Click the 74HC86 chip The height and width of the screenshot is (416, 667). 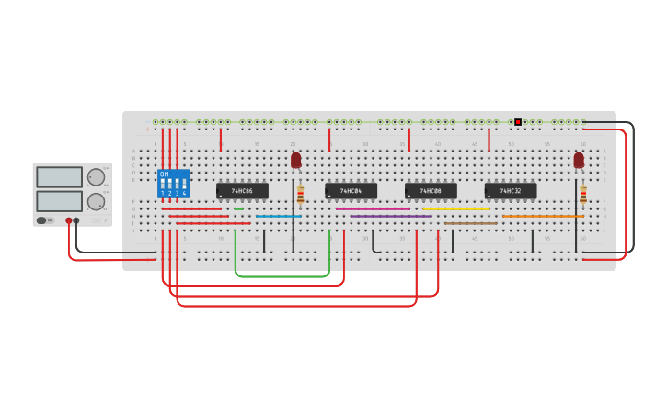242,191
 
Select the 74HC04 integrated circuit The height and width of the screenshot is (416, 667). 351,191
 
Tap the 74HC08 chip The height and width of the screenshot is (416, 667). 431,191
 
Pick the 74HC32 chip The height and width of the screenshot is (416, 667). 511,191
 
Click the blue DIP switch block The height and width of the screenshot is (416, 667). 173,184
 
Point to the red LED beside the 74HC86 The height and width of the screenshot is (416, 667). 295,160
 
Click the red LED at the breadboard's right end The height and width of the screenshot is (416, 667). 579,160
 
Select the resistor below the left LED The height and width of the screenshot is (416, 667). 300,194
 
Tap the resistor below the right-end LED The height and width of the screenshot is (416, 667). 582,194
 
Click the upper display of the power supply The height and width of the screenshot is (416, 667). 59,177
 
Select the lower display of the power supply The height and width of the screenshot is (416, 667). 59,200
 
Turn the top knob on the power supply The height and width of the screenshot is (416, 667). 96,177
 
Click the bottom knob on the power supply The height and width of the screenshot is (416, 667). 96,201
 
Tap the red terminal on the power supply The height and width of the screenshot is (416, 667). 68,220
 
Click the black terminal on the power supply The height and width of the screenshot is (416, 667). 76,220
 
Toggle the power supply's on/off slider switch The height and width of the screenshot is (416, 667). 42,220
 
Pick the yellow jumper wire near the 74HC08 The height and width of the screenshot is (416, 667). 455,208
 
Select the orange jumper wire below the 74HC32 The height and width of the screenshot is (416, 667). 543,216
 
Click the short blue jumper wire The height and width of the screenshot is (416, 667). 278,216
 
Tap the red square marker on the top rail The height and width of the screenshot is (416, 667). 518,122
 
